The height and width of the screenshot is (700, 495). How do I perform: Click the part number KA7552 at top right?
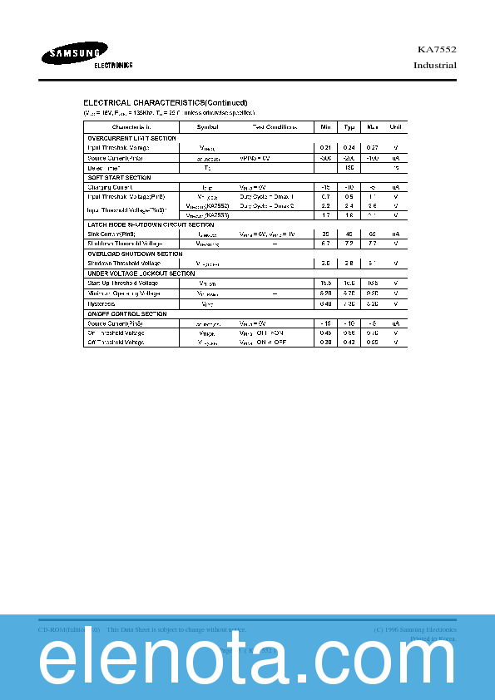[x=437, y=50]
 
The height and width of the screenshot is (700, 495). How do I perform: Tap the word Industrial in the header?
[x=434, y=65]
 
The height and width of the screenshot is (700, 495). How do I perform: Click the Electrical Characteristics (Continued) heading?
[x=165, y=102]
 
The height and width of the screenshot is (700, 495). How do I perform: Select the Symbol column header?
[x=207, y=126]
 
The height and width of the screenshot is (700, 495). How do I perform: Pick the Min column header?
[x=325, y=126]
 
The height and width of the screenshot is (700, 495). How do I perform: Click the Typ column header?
[x=349, y=126]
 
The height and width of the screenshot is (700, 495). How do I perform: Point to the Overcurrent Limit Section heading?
[x=131, y=137]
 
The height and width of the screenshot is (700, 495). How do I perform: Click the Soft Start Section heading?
[x=119, y=177]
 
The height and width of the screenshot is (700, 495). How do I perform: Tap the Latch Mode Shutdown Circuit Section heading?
[x=150, y=224]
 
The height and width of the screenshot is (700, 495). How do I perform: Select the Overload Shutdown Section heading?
[x=135, y=254]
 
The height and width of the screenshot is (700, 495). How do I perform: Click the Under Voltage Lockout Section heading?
[x=141, y=274]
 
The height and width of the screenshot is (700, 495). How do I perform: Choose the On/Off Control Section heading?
[x=127, y=313]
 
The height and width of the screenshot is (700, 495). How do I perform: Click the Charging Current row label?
[x=111, y=187]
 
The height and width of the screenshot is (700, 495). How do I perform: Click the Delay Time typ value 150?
[x=349, y=167]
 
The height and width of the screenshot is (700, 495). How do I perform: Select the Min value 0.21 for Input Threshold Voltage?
[x=325, y=147]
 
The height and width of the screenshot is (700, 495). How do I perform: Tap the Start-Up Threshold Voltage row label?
[x=122, y=283]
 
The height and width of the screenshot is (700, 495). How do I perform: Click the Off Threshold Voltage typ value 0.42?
[x=349, y=342]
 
